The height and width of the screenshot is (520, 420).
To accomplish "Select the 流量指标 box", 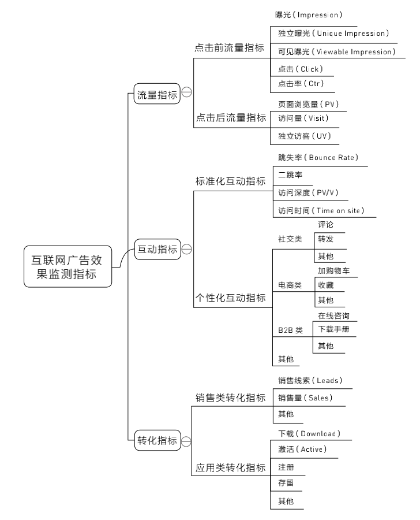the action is (156, 95).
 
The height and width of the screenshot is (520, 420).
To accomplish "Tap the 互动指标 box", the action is (156, 249).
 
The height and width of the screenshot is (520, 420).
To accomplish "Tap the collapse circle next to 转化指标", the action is (186, 442).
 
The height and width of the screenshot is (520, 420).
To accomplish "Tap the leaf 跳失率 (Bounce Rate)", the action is (318, 158).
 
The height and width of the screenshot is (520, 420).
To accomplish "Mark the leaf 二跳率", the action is (291, 174).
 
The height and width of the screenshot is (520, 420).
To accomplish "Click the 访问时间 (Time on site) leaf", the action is (321, 210).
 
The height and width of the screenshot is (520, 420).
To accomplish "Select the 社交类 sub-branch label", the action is (290, 239).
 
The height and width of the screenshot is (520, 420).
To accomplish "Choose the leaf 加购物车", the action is (337, 270).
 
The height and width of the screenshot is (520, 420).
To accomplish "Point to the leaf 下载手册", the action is (333, 330).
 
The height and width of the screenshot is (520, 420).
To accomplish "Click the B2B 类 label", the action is (290, 330).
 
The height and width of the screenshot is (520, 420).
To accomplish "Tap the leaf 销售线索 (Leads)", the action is (310, 380).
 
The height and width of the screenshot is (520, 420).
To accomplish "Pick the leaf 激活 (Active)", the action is (302, 450).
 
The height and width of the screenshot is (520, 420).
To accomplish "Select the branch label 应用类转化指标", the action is (229, 467).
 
